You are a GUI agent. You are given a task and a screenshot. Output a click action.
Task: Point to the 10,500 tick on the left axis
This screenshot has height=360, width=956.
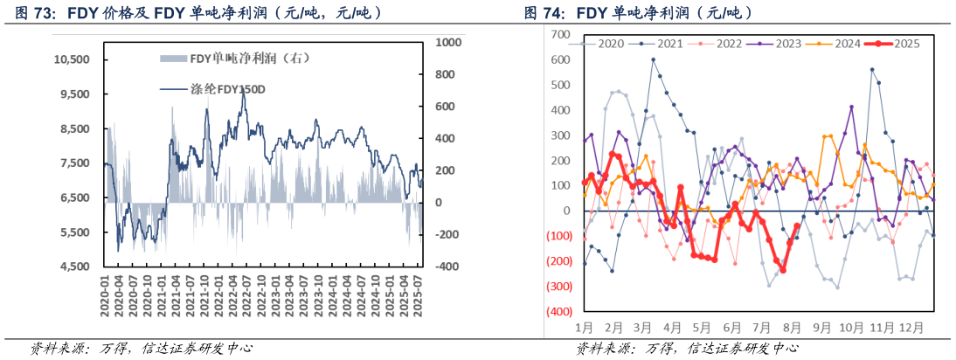(73, 59)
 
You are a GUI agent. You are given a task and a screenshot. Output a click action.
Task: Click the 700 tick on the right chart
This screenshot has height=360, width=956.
(560, 35)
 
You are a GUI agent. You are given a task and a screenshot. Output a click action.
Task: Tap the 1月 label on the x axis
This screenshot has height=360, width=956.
(585, 328)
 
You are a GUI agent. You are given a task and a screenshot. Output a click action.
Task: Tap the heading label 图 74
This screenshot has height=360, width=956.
(544, 13)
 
